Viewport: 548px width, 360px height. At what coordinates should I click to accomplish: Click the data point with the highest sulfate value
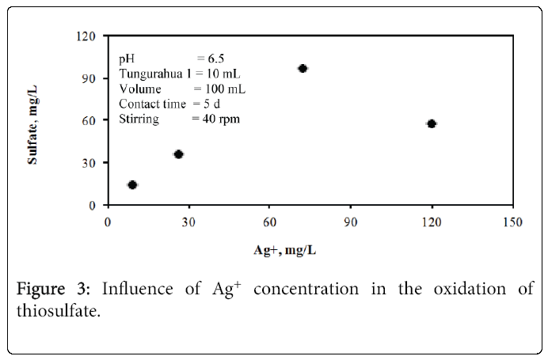(303, 69)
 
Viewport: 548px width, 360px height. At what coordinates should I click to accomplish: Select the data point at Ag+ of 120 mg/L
(432, 123)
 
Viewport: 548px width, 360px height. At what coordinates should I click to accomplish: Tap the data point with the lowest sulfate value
(132, 185)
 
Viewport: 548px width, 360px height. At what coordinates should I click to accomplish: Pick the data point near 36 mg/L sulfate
(178, 154)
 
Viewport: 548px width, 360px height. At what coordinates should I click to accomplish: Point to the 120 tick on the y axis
(89, 36)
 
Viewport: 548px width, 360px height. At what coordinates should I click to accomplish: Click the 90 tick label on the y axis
(93, 78)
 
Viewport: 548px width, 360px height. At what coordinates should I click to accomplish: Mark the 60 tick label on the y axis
(93, 120)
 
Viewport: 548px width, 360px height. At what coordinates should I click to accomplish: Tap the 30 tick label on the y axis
(93, 163)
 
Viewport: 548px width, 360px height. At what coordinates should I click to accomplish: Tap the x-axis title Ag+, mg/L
(284, 249)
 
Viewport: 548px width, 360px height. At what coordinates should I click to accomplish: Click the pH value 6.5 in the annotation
(215, 59)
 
